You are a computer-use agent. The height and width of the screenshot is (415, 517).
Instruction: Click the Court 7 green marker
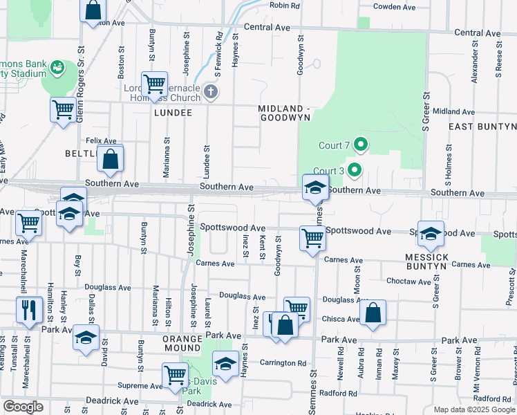pyautogui.click(x=360, y=145)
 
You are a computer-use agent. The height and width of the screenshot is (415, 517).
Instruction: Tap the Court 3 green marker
pyautogui.click(x=355, y=169)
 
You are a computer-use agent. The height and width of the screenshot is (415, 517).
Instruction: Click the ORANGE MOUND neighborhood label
pyautogui.click(x=182, y=344)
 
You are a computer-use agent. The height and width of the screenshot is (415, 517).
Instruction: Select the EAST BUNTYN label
pyautogui.click(x=482, y=127)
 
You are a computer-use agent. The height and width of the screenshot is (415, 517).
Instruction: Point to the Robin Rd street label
pyautogui.click(x=285, y=6)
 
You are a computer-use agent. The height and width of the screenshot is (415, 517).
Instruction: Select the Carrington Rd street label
pyautogui.click(x=283, y=362)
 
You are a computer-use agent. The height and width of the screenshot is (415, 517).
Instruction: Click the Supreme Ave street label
pyautogui.click(x=139, y=385)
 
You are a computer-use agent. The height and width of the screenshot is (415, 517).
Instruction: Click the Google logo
pyautogui.click(x=23, y=407)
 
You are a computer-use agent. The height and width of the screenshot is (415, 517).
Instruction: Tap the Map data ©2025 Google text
pyautogui.click(x=473, y=409)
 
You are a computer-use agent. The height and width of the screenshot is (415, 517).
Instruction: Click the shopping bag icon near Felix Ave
pyautogui.click(x=110, y=159)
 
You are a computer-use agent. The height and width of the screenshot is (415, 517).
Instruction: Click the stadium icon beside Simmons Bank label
pyautogui.click(x=57, y=67)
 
